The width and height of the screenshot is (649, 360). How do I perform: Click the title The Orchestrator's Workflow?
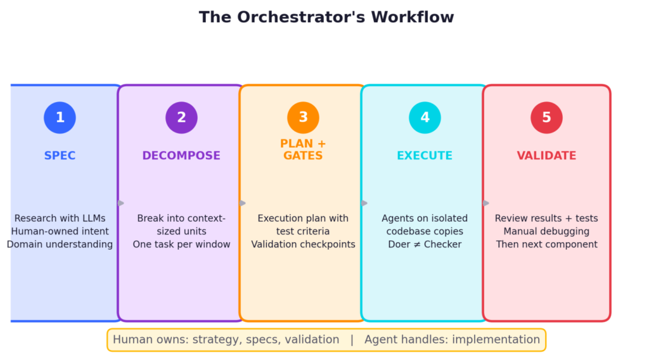click(x=326, y=17)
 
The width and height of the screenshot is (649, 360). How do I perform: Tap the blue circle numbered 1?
click(x=60, y=118)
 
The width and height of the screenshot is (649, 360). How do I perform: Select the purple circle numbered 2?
click(x=181, y=118)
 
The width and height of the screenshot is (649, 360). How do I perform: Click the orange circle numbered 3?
click(x=303, y=118)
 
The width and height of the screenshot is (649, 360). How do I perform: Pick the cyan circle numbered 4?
click(x=425, y=118)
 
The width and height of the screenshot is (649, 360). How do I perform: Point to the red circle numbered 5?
click(x=546, y=118)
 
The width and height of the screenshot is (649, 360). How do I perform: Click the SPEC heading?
click(x=60, y=156)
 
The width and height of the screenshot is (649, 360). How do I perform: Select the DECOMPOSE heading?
click(x=181, y=156)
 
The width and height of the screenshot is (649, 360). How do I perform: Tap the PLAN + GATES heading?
click(x=303, y=150)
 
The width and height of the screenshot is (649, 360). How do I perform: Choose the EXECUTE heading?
click(x=425, y=156)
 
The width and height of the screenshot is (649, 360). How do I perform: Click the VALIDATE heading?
click(x=546, y=156)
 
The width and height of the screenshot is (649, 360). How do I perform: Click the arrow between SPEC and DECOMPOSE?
click(x=120, y=203)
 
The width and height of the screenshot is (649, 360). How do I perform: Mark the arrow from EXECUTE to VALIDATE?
click(x=485, y=203)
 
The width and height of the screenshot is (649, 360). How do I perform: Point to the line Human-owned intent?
click(x=60, y=231)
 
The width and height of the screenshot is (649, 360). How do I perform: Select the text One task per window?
click(x=181, y=245)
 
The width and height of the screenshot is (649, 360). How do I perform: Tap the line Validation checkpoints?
click(x=303, y=245)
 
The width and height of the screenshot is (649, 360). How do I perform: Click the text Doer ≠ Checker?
click(x=425, y=245)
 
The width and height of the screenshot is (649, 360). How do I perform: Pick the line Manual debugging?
click(x=546, y=231)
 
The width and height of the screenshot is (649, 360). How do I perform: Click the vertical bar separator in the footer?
click(x=352, y=340)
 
